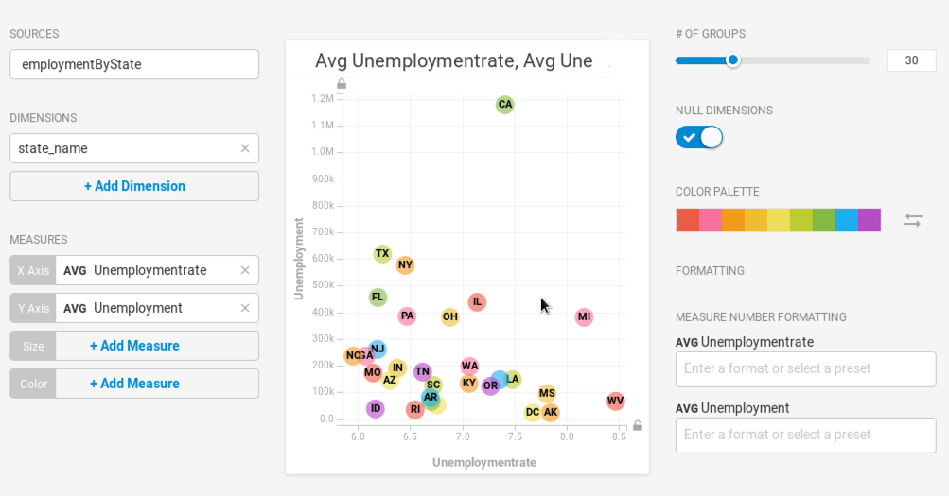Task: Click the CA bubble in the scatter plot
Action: [x=505, y=105]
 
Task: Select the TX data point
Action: [x=382, y=254]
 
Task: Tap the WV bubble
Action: [x=616, y=402]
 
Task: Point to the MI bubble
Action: [x=584, y=317]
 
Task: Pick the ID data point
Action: [x=376, y=409]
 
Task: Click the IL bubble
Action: [x=477, y=302]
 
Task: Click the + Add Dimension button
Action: [x=134, y=186]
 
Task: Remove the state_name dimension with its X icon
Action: [x=245, y=148]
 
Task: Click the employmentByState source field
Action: [x=134, y=64]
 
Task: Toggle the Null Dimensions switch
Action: [x=699, y=138]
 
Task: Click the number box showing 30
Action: [x=911, y=60]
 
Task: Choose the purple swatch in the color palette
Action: [x=870, y=220]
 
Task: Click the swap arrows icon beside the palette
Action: [x=912, y=220]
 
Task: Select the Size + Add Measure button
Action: [x=134, y=346]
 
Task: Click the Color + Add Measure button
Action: [x=134, y=384]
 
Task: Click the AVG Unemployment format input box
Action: [x=805, y=435]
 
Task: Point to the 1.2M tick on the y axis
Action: [x=322, y=99]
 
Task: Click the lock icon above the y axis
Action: [x=342, y=84]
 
